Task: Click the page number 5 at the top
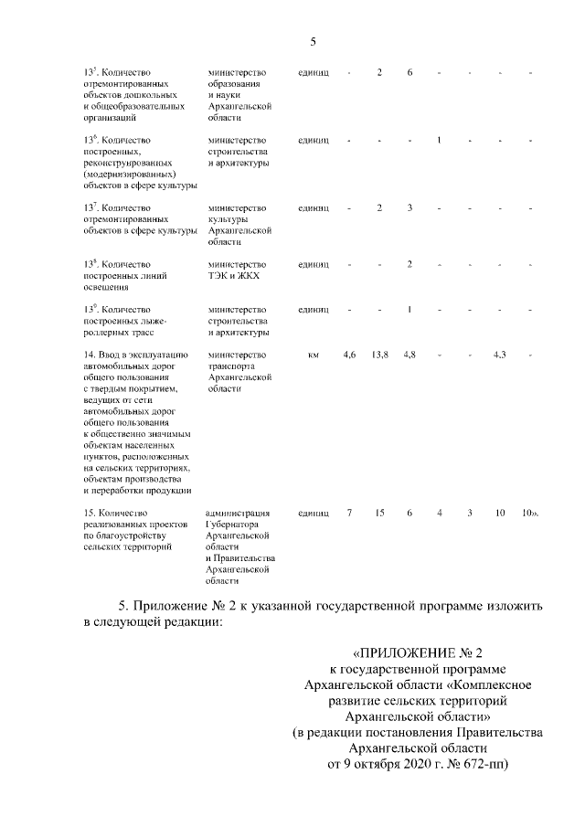pyautogui.click(x=313, y=41)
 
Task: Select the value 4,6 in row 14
pyautogui.click(x=349, y=354)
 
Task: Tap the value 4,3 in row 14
pyautogui.click(x=499, y=354)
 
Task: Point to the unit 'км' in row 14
pyautogui.click(x=314, y=354)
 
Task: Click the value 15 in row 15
pyautogui.click(x=379, y=513)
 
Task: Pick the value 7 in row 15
pyautogui.click(x=349, y=513)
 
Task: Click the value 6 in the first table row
pyautogui.click(x=409, y=72)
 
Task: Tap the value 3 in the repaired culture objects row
pyautogui.click(x=409, y=208)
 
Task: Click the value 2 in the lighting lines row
pyautogui.click(x=409, y=264)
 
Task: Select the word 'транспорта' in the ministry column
pyautogui.click(x=231, y=366)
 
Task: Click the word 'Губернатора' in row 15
pyautogui.click(x=233, y=525)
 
